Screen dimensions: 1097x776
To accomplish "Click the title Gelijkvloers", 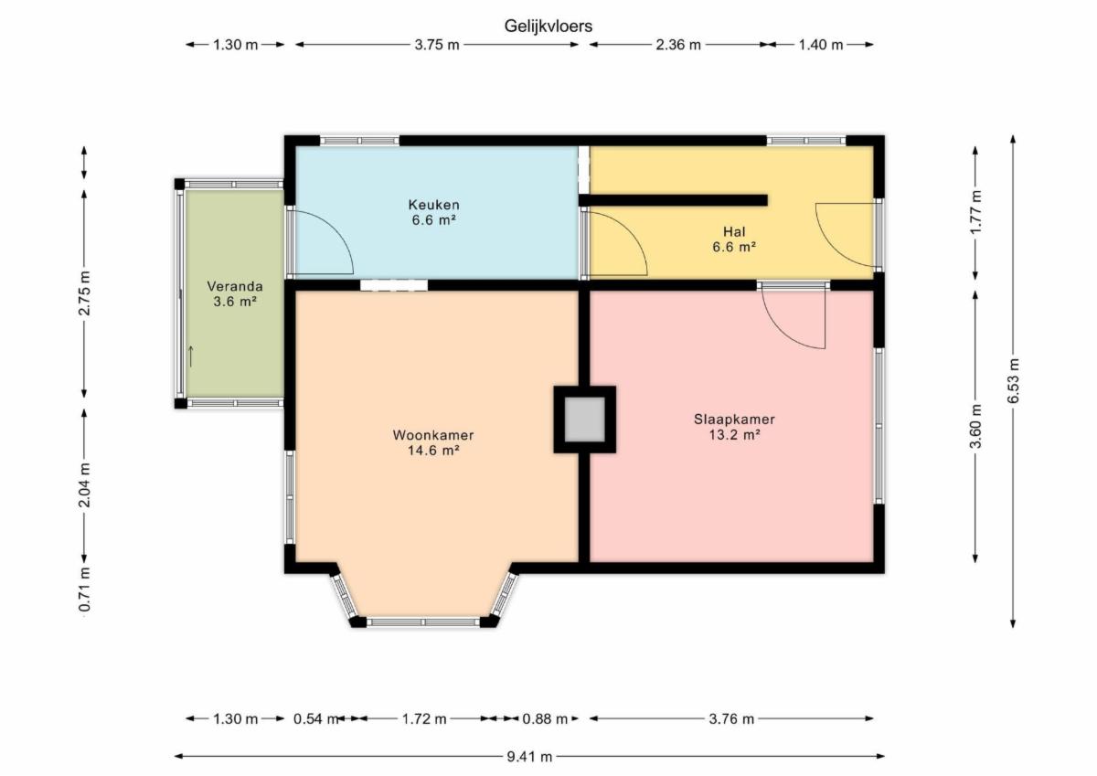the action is (x=548, y=26).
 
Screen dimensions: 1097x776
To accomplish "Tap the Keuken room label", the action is (x=434, y=205).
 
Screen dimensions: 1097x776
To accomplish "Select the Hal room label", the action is (x=734, y=231).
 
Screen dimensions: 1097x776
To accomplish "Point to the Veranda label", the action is (x=235, y=286).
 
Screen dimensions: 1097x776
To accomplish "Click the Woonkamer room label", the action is (x=433, y=435).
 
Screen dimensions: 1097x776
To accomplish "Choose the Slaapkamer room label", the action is (x=734, y=420).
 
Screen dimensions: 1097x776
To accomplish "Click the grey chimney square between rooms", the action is (x=585, y=420).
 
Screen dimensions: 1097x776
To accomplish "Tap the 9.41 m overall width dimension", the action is (x=529, y=757).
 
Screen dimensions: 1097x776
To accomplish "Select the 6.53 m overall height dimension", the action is (x=1013, y=381).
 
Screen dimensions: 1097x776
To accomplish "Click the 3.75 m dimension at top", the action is (x=437, y=45).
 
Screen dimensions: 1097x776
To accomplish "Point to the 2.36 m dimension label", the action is (x=678, y=45).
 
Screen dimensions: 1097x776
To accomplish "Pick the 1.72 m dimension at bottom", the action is (x=424, y=718).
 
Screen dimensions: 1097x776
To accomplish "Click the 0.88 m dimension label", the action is (x=545, y=718).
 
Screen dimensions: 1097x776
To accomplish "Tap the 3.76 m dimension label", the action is (x=731, y=718).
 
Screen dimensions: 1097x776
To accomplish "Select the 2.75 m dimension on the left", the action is (x=85, y=292).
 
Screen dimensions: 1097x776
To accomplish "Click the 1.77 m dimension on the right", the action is (x=975, y=212).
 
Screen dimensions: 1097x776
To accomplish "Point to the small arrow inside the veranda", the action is (x=191, y=356).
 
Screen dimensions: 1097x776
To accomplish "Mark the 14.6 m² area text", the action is (x=433, y=450).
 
